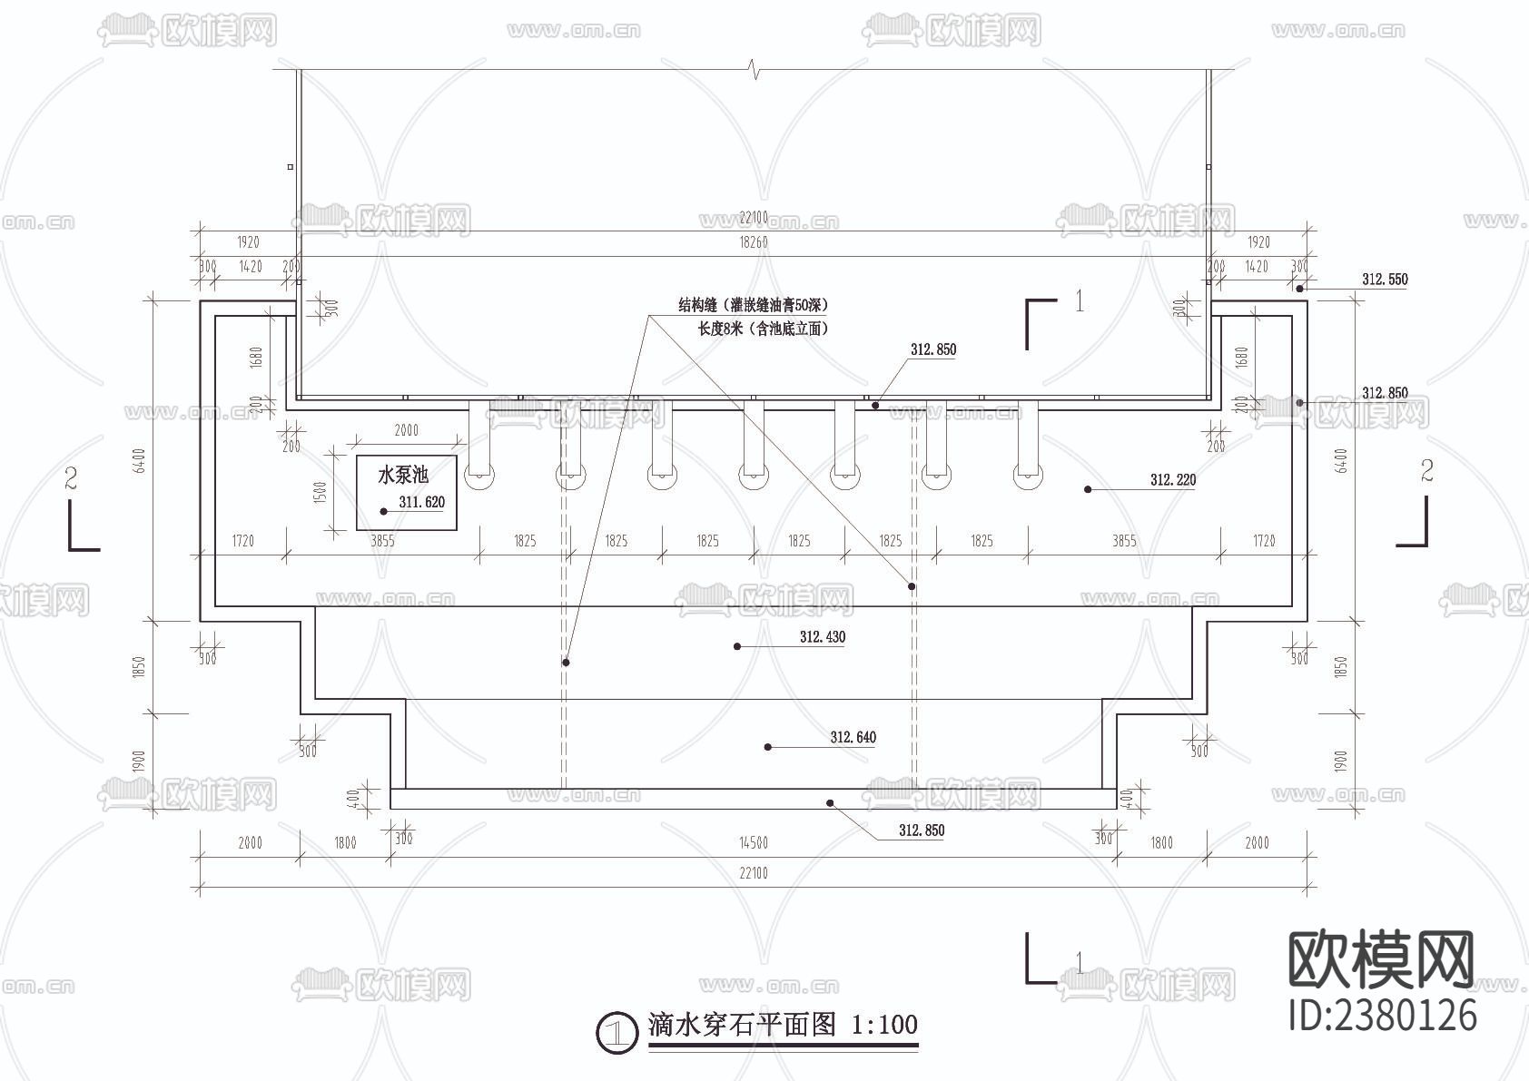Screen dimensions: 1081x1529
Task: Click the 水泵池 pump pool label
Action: [x=402, y=474]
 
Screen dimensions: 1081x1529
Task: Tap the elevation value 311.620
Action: [x=422, y=502]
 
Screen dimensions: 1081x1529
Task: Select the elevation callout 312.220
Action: [x=1172, y=480]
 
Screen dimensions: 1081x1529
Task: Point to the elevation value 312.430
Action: [x=822, y=637]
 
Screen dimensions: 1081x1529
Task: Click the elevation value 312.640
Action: [x=853, y=737]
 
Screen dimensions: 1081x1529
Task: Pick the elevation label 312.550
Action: [x=1384, y=280]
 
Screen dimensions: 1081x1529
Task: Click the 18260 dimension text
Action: [x=753, y=243]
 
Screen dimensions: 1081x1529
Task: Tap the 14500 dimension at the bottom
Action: [x=753, y=843]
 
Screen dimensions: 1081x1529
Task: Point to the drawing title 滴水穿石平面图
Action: [x=741, y=1026]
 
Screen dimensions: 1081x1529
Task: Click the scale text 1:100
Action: [x=883, y=1026]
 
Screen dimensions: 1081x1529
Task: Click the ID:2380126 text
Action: [x=1383, y=1015]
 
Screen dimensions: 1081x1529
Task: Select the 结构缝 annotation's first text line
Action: [x=753, y=305]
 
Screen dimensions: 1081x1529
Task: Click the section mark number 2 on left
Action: [x=71, y=478]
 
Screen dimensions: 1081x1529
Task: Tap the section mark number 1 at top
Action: [x=1079, y=301]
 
